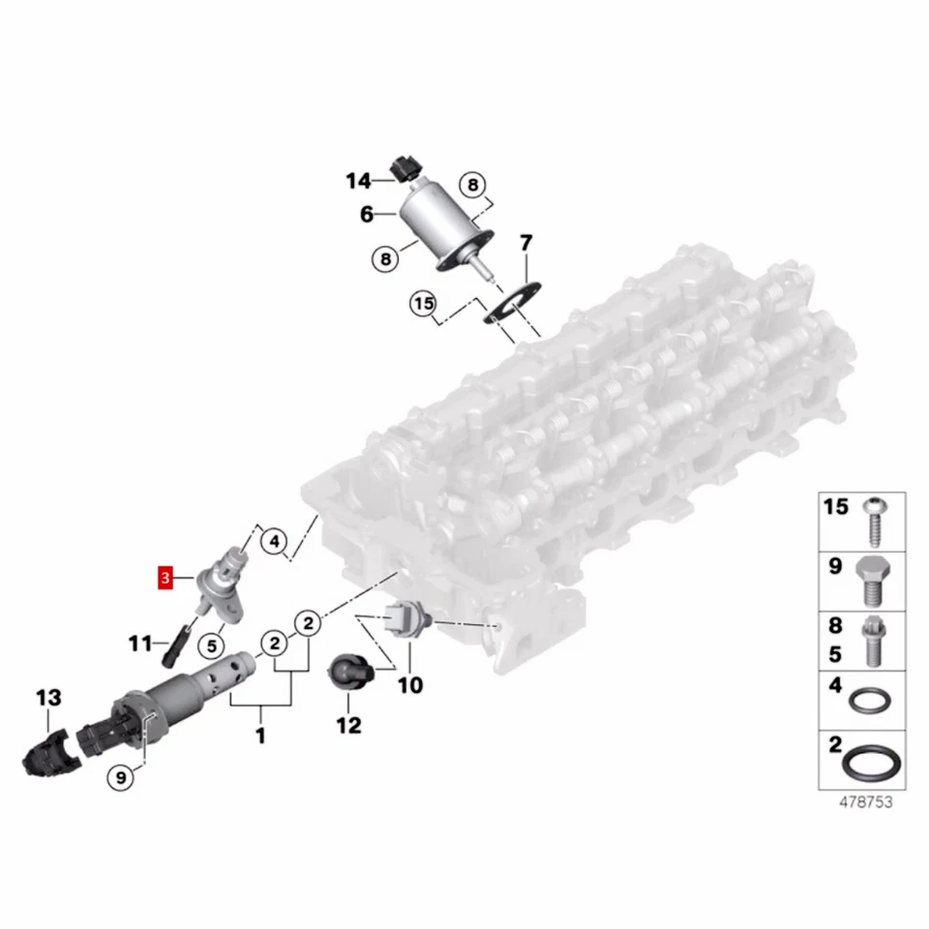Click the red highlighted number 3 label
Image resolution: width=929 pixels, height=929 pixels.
[165, 579]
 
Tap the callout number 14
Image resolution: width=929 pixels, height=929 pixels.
[359, 180]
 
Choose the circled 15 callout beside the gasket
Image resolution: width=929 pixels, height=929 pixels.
[423, 304]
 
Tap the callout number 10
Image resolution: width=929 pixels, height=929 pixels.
[409, 685]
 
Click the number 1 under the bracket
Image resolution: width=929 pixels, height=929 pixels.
[259, 736]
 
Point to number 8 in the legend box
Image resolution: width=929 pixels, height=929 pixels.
[834, 625]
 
